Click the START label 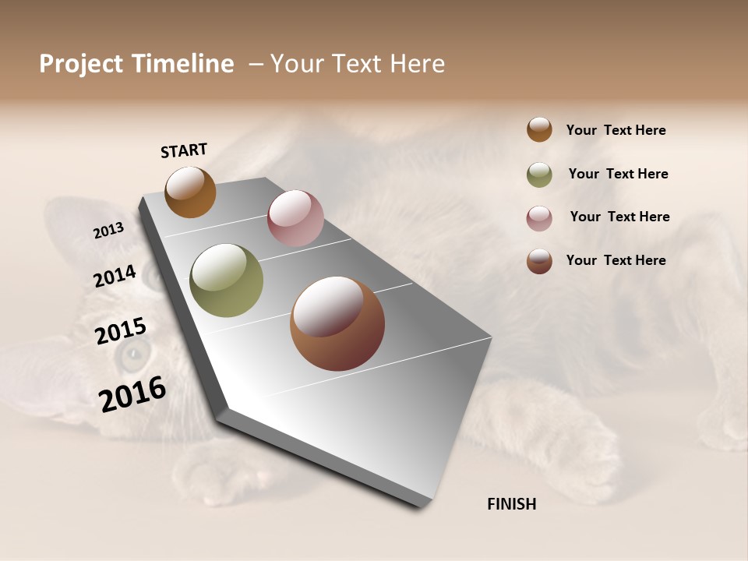coord(184,150)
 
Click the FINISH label coord(511,504)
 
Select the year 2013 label coord(108,231)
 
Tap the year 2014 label coord(115,277)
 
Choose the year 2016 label coord(132,394)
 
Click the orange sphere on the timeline coord(190,192)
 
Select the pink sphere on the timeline coord(295,218)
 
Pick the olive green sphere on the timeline coord(226,280)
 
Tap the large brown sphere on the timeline coord(337,323)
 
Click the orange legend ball coord(539,129)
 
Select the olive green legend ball coord(539,175)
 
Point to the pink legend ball coord(539,218)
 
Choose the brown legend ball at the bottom coord(539,261)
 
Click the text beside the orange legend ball coord(616,130)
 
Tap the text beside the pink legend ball coord(619,217)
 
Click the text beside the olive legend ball coord(618,174)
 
